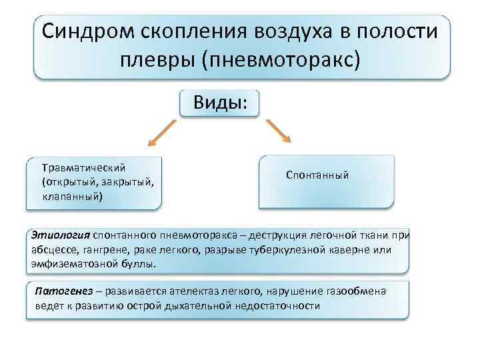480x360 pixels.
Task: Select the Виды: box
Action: point(219,103)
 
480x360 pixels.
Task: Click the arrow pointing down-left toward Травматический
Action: point(159,133)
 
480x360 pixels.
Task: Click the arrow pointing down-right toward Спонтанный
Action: point(279,131)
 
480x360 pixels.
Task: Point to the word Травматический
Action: point(83,167)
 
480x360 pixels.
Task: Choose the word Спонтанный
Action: point(317,175)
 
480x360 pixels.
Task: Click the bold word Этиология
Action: point(61,235)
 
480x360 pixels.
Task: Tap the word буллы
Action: point(139,264)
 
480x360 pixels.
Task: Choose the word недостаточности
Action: point(277,306)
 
